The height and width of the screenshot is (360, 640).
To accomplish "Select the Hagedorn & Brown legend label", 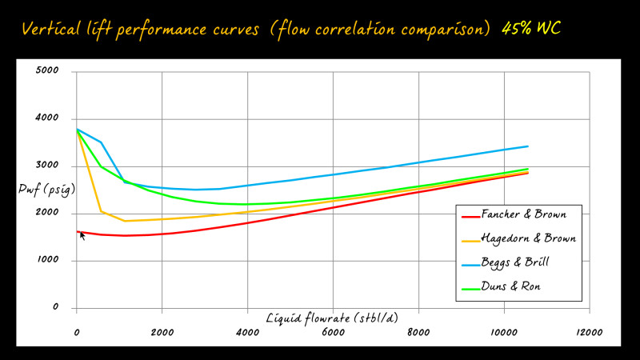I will pyautogui.click(x=528, y=239).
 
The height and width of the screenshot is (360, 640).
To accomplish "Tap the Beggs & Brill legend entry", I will pyautogui.click(x=517, y=262).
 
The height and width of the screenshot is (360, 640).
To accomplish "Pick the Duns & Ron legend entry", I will pyautogui.click(x=512, y=286).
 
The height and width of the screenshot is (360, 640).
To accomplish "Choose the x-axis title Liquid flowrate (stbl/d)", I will pyautogui.click(x=330, y=318).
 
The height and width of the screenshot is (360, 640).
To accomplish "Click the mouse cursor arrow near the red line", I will pyautogui.click(x=82, y=235).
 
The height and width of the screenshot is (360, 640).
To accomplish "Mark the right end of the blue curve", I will pyautogui.click(x=527, y=146).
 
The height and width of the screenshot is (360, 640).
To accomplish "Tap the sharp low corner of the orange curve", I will pyautogui.click(x=125, y=221).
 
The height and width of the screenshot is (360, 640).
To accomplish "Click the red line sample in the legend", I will pyautogui.click(x=470, y=216).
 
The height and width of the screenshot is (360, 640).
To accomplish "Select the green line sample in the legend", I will pyautogui.click(x=470, y=286).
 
